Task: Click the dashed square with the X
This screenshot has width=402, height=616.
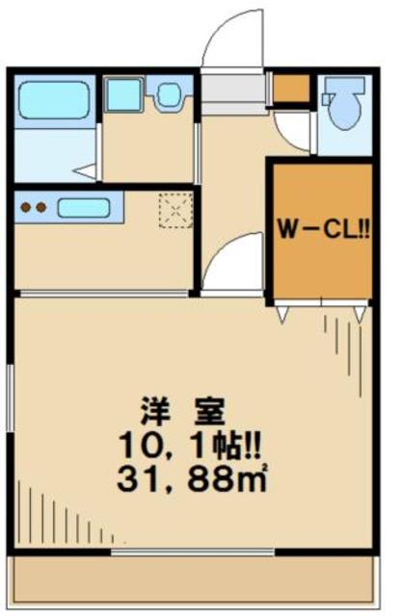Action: [x=176, y=210]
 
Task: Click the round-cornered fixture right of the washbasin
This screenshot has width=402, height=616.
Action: [x=171, y=95]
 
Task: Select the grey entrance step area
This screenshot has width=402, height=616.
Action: [x=233, y=91]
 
